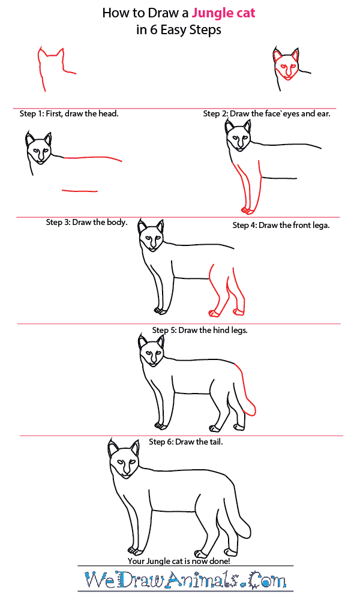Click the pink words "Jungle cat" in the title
(223, 13)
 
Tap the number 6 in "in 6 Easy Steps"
(154, 30)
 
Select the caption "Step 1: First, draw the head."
(69, 113)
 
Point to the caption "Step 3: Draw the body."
(86, 223)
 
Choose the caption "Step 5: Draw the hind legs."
(200, 330)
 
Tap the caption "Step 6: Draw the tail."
(185, 442)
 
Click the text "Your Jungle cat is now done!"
(179, 561)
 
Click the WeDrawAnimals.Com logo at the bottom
(185, 580)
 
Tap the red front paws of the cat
(248, 210)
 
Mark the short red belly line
(80, 191)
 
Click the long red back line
(92, 158)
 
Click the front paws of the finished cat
(136, 551)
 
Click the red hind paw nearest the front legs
(214, 313)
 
